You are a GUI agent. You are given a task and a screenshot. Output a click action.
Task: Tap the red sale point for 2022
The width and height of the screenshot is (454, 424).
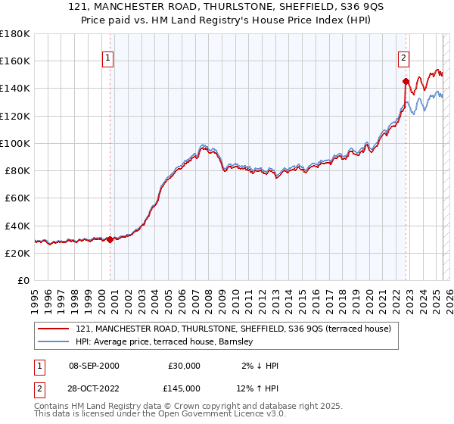[x=406, y=81]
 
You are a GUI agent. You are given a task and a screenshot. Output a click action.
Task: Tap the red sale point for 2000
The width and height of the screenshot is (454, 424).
[x=110, y=239]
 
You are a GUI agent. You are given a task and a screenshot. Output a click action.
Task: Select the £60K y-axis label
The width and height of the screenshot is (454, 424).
[x=17, y=198]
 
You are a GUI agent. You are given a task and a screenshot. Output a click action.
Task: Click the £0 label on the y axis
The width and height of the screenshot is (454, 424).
[x=23, y=280]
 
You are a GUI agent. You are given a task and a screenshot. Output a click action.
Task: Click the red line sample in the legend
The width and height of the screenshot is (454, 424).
[x=53, y=329]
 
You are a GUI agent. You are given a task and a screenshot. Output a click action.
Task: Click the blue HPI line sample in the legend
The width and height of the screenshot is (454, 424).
[x=53, y=342]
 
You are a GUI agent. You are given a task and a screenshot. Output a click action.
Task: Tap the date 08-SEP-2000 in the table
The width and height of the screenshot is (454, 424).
[x=94, y=366]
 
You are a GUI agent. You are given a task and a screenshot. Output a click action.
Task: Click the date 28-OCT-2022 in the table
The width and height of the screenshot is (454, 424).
[x=94, y=388]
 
